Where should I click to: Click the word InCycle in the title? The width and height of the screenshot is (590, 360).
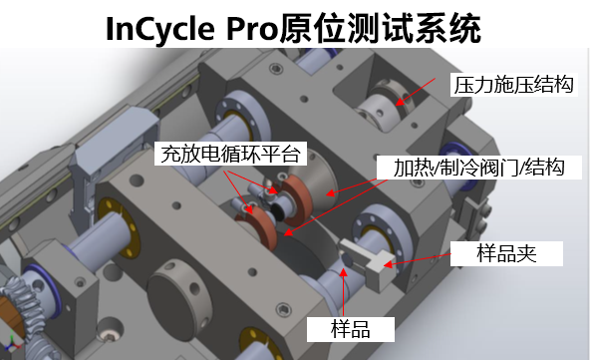(160, 29)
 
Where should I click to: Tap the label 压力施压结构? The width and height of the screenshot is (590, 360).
(513, 85)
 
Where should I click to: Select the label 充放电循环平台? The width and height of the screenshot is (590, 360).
(230, 154)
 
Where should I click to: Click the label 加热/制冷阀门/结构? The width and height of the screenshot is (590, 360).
(479, 168)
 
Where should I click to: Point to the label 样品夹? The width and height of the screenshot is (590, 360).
(506, 253)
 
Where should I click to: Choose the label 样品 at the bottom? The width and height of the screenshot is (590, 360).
(351, 329)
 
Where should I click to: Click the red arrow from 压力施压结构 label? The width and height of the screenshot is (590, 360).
(415, 92)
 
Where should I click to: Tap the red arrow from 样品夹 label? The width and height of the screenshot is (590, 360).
(417, 260)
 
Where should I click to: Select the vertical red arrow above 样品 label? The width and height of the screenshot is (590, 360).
(343, 292)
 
